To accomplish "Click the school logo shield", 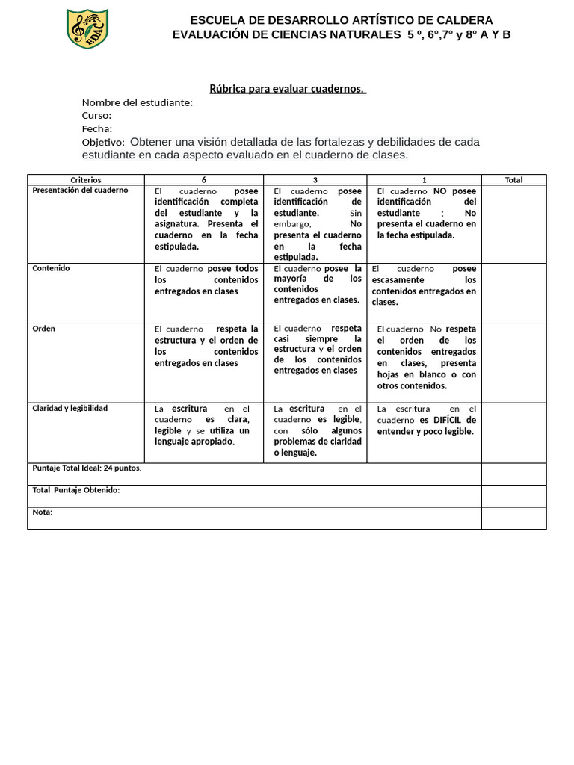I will tap(87, 29).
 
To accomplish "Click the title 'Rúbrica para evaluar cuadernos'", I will tap(287, 89).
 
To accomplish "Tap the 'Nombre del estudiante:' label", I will tap(137, 102).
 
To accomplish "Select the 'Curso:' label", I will tap(96, 116).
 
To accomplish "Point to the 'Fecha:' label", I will tap(97, 128).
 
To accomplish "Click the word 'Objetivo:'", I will tap(103, 142).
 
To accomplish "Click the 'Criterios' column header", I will tap(85, 180).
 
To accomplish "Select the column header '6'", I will tap(204, 180).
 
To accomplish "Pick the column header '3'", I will tap(315, 180).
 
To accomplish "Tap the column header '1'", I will tap(424, 180).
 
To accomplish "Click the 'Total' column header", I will tap(513, 180).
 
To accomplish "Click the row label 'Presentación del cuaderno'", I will tap(80, 191).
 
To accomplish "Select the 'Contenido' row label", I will tap(51, 268).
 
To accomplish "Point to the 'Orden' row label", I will tap(43, 329).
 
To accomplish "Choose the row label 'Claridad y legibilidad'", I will tap(70, 409).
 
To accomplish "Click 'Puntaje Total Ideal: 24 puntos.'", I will tap(87, 468).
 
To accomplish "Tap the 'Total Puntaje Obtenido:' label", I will tap(75, 490).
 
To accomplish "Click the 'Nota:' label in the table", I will tap(43, 512).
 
